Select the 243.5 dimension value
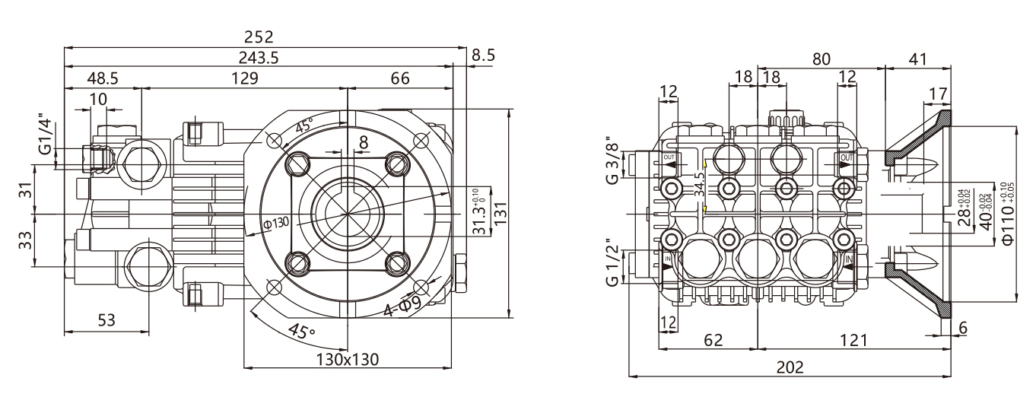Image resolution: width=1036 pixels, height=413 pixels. tap(259, 58)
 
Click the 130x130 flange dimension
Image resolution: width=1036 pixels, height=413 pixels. tap(348, 358)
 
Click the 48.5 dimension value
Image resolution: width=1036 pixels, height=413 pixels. tap(103, 78)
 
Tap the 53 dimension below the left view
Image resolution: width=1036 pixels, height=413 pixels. tap(106, 320)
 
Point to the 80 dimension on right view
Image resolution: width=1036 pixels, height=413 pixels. tap(821, 58)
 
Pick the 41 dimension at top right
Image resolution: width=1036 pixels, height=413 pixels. tap(918, 58)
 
